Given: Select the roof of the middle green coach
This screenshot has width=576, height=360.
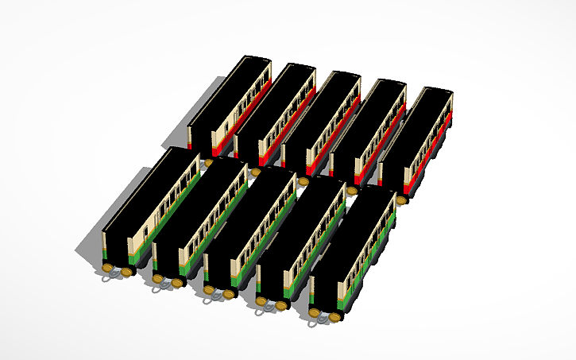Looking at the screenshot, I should (250, 215).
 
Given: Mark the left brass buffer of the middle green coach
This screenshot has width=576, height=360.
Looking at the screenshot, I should (209, 291).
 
